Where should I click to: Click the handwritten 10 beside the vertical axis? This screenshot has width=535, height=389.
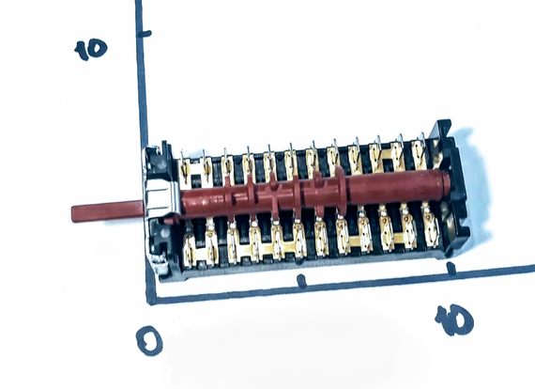click(91, 50)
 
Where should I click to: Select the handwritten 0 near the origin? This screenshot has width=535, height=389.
click(149, 340)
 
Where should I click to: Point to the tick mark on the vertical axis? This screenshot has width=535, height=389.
click(145, 34)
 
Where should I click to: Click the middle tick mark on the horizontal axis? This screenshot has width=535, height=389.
click(301, 281)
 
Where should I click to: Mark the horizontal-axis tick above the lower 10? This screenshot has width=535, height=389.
click(451, 268)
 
